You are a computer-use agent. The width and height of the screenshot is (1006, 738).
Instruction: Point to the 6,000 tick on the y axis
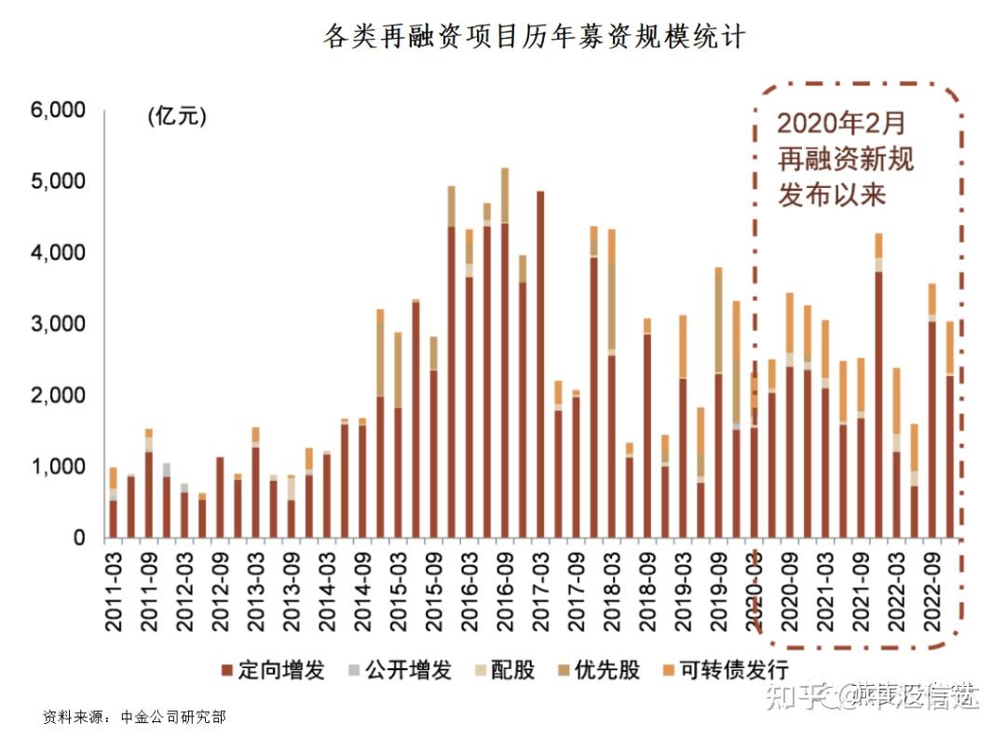(x=58, y=111)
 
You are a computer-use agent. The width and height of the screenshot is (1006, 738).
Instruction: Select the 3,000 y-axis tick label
(x=58, y=325)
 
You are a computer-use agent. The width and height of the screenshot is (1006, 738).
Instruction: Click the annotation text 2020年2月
(x=840, y=124)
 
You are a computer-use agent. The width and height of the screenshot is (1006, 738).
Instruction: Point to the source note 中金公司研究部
(x=174, y=718)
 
